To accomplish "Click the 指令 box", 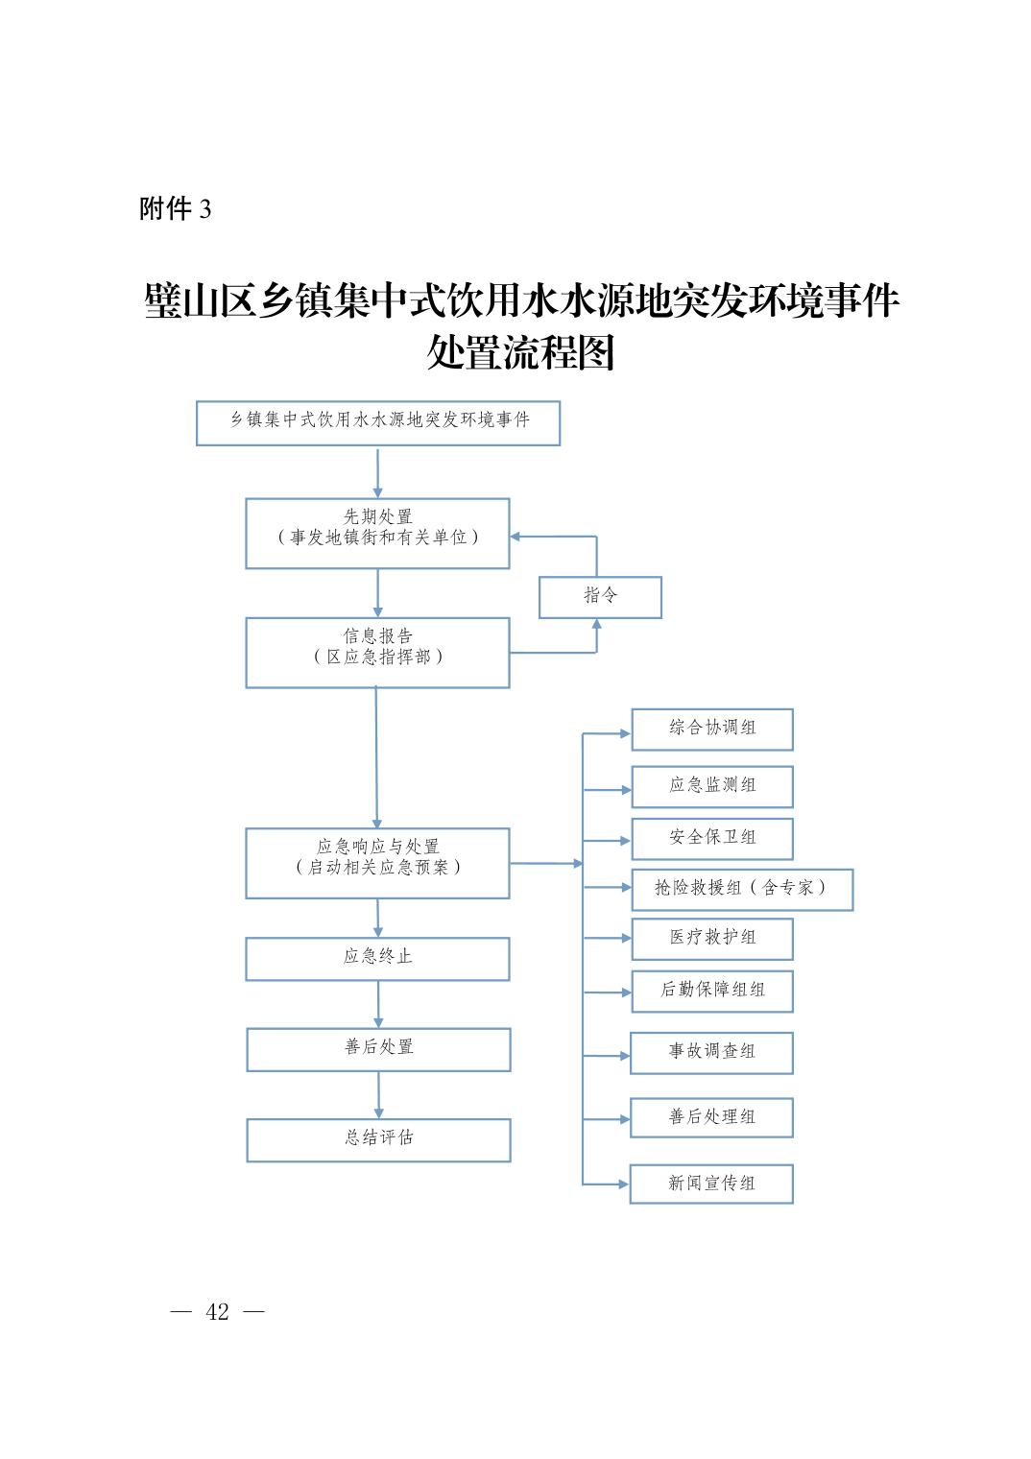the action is pos(600,597).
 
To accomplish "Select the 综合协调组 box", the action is pos(712,729).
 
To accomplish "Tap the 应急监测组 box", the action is pos(712,787).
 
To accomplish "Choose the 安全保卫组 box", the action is pos(712,839).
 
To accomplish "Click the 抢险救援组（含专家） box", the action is pos(742,889).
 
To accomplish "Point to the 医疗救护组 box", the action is pos(712,939).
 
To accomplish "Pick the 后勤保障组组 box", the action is pos(712,992).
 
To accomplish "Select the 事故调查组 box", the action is pos(711,1053).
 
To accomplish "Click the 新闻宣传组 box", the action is pos(711,1184).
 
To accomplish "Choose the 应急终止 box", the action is pos(378,959).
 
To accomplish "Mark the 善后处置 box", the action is pos(378,1049).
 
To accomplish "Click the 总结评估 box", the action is pos(378,1140).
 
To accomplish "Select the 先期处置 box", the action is pos(378,534).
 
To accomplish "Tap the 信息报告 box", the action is pos(378,653).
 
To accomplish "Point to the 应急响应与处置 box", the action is pos(378,863).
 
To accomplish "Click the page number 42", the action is pos(217,1311).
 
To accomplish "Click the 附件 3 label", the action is pos(176,209).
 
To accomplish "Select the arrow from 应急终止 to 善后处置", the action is pos(378,1004).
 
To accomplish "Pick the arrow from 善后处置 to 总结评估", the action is pos(379,1095).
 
